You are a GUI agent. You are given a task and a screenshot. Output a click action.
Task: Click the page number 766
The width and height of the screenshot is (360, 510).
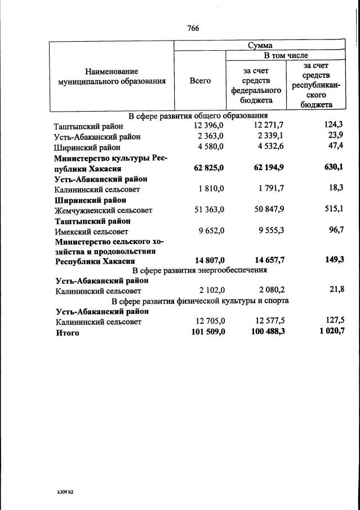pos(193,28)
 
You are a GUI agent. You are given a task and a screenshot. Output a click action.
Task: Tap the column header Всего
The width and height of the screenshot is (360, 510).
pos(200,81)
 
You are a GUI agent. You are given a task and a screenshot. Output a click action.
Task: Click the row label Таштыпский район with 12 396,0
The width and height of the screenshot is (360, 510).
pos(88,127)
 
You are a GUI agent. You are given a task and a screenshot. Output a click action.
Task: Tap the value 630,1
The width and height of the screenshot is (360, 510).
pos(334,167)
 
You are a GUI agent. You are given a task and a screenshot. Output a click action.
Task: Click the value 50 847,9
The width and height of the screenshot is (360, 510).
pos(266,210)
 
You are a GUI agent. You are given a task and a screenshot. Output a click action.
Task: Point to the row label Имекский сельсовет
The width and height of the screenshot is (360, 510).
pos(91,231)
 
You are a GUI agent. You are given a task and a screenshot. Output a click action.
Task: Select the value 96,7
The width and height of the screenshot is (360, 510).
pos(334,230)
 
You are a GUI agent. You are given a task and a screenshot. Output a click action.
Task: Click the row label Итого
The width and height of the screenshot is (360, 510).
pos(67,332)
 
